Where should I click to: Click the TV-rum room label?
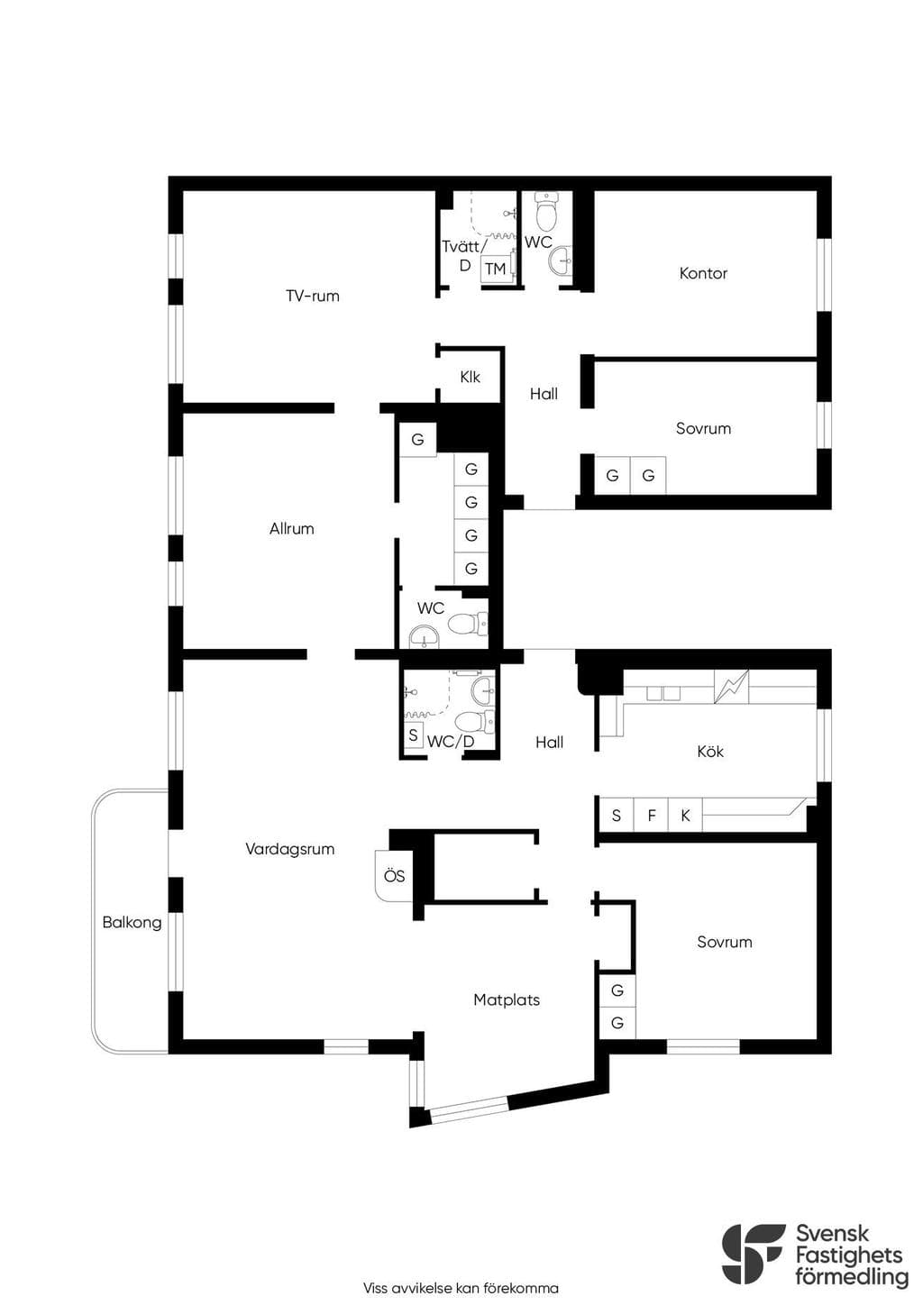pos(313,296)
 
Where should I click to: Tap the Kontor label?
pos(703,273)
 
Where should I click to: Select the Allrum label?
pos(291,528)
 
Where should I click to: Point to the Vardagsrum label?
pos(289,849)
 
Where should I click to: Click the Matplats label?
pos(507,999)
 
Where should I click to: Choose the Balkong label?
pos(132,922)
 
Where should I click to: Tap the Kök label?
pos(710,751)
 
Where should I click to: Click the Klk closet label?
pos(470,377)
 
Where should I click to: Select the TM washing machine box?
pos(496,269)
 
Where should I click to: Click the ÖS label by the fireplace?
pos(395,876)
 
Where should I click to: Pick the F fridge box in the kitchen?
pos(652,815)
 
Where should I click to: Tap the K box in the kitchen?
pos(685,815)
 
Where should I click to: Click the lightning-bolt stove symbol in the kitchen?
pos(732,687)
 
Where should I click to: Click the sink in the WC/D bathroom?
pos(482,690)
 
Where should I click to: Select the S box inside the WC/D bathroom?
pos(413,735)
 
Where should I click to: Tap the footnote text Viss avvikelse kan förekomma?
pos(461,1288)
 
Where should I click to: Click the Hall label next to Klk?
pos(544,394)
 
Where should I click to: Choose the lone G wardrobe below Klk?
pos(418,439)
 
